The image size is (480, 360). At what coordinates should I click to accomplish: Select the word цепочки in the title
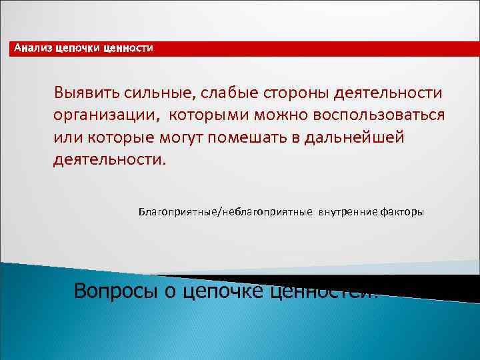click(78, 48)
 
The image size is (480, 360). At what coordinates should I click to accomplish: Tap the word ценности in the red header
click(128, 48)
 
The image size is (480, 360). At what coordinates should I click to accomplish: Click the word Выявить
click(84, 91)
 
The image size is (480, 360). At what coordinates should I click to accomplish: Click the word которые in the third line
click(117, 137)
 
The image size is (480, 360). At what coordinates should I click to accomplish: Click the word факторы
click(401, 212)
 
